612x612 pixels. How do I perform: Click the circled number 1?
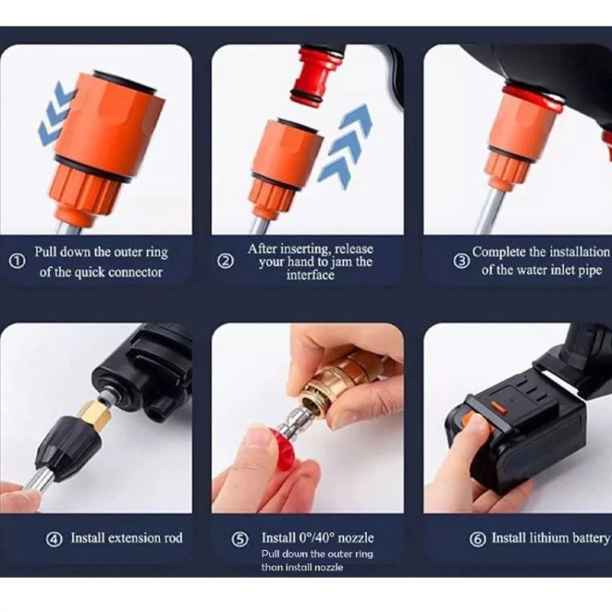[17, 261]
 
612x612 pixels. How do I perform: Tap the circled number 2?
[225, 261]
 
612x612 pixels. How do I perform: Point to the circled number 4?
[54, 540]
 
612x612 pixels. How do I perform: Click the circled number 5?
[240, 540]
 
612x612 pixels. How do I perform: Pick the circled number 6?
[477, 540]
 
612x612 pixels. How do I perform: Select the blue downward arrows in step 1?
[55, 114]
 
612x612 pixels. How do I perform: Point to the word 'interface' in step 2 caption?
[310, 275]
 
